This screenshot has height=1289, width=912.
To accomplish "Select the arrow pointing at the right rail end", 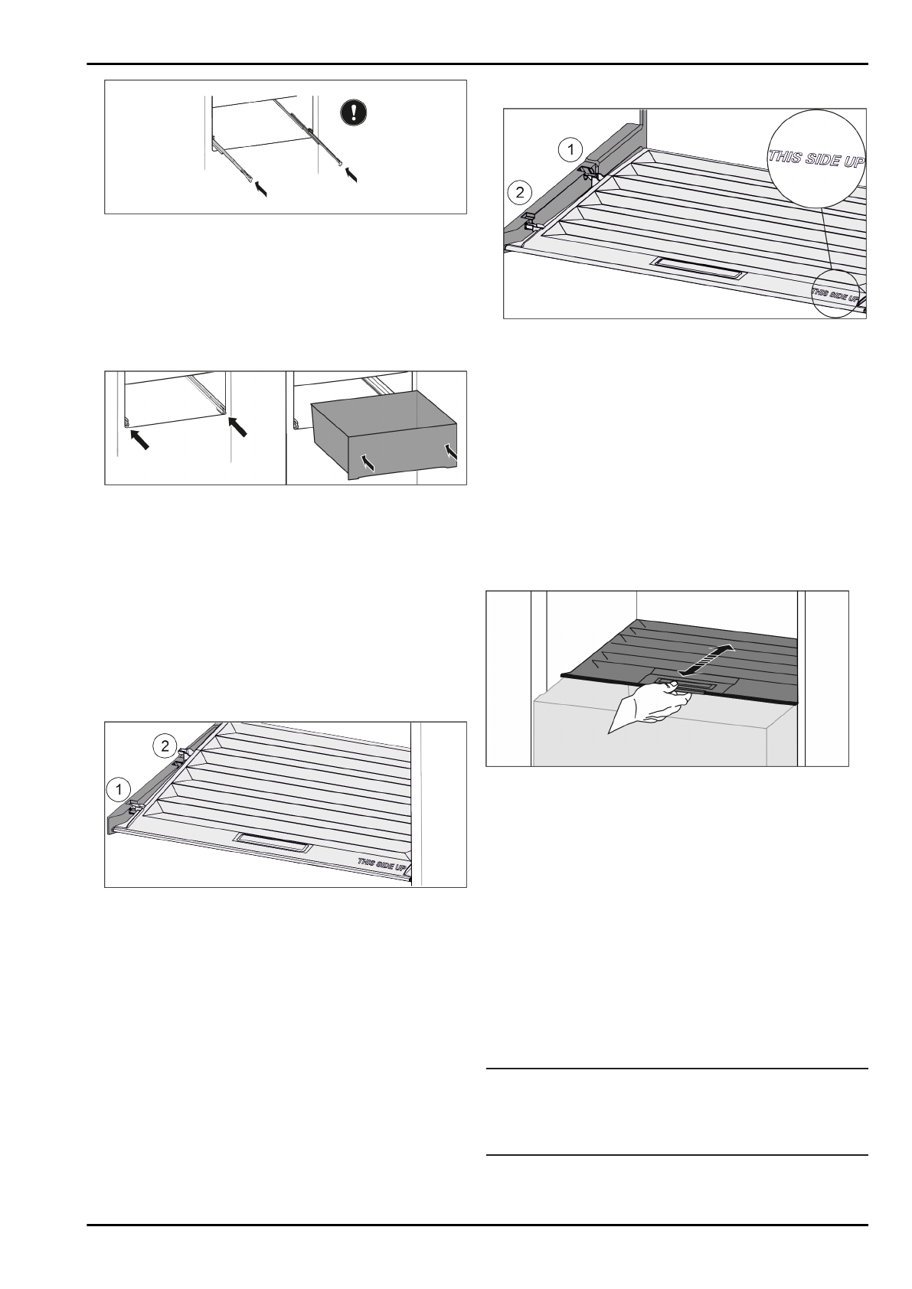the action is [x=352, y=175].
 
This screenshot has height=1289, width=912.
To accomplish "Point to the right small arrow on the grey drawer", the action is [x=451, y=452].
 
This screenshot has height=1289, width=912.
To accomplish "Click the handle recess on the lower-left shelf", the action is [x=273, y=843].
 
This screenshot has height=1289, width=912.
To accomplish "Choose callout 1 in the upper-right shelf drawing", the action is [x=569, y=149].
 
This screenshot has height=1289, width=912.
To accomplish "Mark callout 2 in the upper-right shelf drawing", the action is [x=520, y=191].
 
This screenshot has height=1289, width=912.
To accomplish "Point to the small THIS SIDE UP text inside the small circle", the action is [x=836, y=293].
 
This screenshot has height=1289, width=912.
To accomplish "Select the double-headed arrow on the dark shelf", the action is [x=705, y=659].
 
